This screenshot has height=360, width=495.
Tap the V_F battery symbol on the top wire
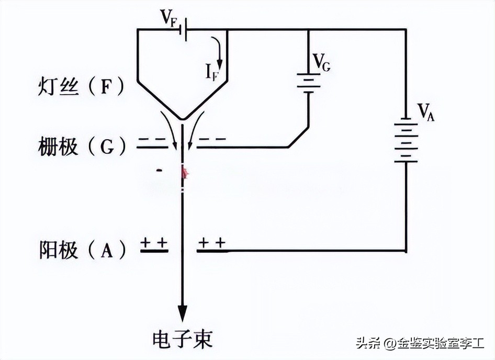pos(184,30)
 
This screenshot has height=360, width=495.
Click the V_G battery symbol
pos(308,83)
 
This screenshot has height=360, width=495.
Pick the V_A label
pos(425,111)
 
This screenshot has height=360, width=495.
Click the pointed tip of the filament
pos(182,119)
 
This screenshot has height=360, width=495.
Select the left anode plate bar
pos(154,252)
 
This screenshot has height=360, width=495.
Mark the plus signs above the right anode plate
pos(212,243)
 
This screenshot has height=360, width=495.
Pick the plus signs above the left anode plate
pos(154,243)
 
